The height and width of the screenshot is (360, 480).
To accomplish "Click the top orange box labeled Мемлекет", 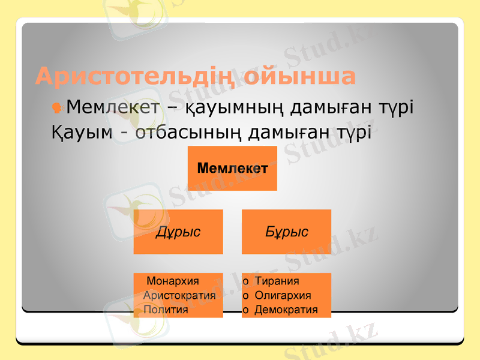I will click(232, 169).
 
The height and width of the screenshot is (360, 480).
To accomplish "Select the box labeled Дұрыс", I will click(178, 232).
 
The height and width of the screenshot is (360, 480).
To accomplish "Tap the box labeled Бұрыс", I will click(286, 232).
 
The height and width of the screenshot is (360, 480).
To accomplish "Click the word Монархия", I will click(173, 281).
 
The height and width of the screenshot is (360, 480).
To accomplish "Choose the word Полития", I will click(166, 310).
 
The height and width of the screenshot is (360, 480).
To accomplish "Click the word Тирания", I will click(277, 281).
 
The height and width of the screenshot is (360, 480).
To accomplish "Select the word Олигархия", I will click(283, 295).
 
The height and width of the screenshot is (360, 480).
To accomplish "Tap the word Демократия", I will click(286, 310).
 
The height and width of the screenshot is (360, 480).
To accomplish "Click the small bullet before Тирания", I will click(245, 281).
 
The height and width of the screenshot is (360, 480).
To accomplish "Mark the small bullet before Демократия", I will click(245, 311).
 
